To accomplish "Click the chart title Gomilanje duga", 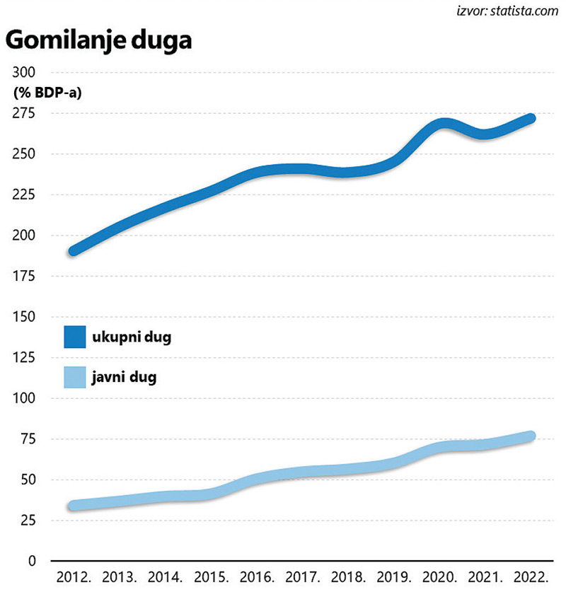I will tap(99, 41).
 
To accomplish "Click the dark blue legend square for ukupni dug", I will tap(75, 337).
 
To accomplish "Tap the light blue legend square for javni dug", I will tap(75, 377).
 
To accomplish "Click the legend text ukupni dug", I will tap(132, 337).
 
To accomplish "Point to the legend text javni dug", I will tap(124, 377).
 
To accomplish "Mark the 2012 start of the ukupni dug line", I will tap(74, 250).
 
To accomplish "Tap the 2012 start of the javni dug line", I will tap(74, 506).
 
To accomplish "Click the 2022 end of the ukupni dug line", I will tap(531, 118).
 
